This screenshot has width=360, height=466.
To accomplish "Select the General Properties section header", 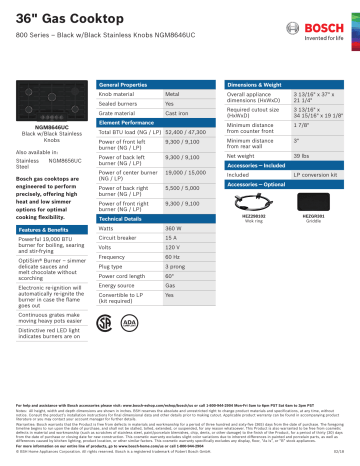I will (125, 87).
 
